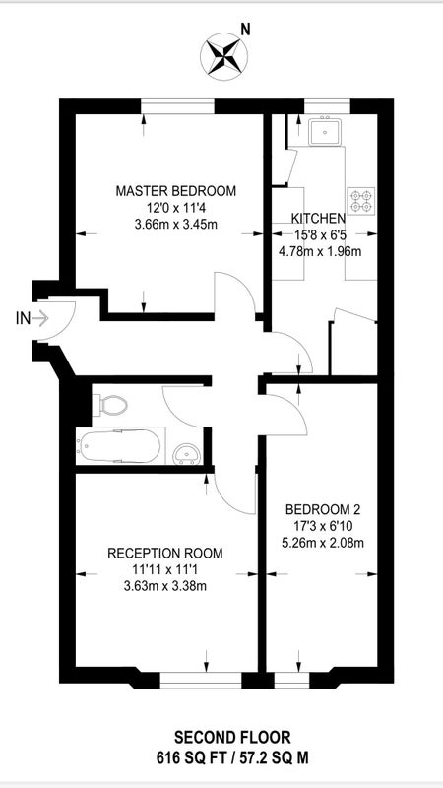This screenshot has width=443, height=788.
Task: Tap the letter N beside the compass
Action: click(x=245, y=31)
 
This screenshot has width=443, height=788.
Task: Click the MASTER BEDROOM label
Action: click(x=176, y=191)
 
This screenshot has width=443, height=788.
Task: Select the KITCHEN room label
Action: click(x=318, y=218)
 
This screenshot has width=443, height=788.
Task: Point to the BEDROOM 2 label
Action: click(x=323, y=509)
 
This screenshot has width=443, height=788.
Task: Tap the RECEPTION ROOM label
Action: click(x=165, y=554)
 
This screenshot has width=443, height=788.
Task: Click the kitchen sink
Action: click(x=325, y=131)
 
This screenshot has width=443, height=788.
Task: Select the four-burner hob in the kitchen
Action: click(x=361, y=201)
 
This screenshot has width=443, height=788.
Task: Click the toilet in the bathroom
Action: click(x=109, y=405)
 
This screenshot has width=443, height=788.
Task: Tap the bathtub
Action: click(x=120, y=446)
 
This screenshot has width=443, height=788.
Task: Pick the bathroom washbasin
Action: click(x=188, y=454)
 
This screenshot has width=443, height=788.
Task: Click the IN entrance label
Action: click(x=23, y=317)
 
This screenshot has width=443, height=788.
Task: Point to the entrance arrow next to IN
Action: click(x=40, y=317)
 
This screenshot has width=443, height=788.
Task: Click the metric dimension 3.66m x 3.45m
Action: click(x=176, y=225)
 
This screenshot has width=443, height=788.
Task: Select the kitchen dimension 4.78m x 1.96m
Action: click(x=320, y=251)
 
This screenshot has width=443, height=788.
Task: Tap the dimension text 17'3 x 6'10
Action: click(x=323, y=526)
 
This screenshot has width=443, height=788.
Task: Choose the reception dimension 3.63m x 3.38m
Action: click(x=165, y=585)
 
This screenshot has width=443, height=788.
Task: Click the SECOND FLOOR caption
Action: click(x=232, y=738)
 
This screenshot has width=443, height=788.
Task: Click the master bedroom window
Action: click(x=178, y=106)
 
